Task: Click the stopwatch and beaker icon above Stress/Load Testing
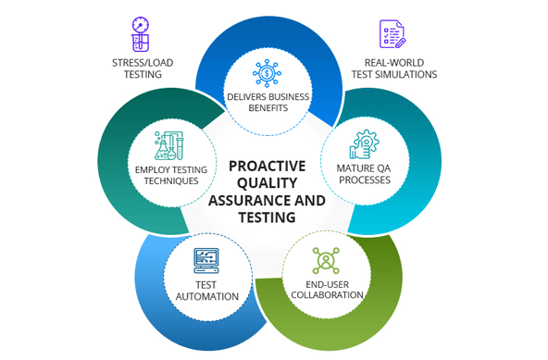pyautogui.click(x=141, y=33)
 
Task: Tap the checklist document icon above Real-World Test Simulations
pyautogui.click(x=392, y=34)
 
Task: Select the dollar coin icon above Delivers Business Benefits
pyautogui.click(x=268, y=73)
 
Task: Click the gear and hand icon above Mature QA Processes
pyautogui.click(x=363, y=143)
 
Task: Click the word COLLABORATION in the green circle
pyautogui.click(x=326, y=295)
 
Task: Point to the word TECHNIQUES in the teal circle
pyautogui.click(x=171, y=181)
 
